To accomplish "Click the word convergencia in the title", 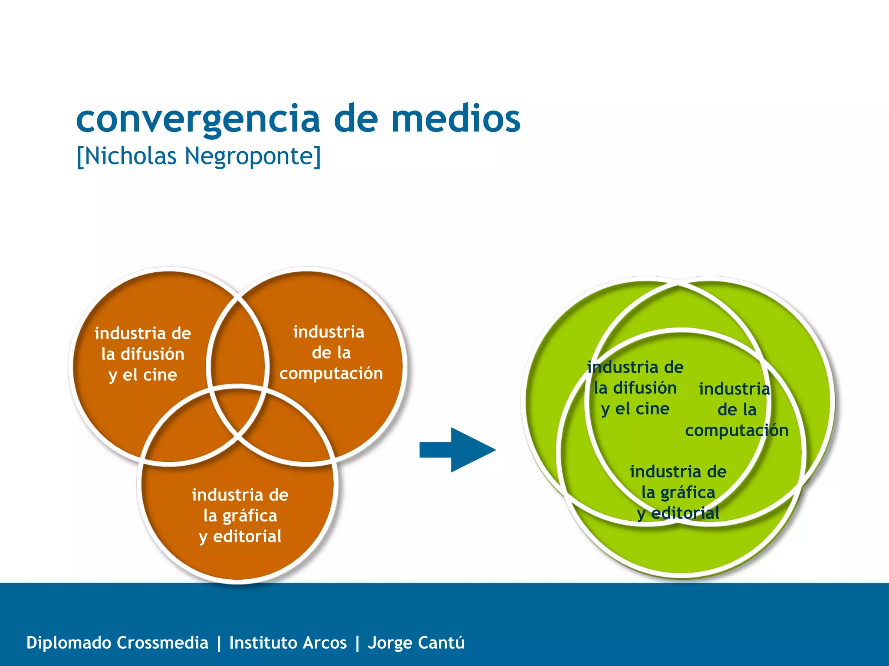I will [198, 119].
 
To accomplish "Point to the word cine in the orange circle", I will [160, 375].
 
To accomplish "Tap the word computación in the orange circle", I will [331, 373].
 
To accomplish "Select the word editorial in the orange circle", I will [247, 536].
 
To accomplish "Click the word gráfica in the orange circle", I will [250, 516].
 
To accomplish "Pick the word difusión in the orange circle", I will [152, 354].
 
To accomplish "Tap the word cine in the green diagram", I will [652, 408].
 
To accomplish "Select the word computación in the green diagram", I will [737, 430].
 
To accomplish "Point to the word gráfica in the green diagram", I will [688, 493].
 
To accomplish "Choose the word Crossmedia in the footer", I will [162, 643].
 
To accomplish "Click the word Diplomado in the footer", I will [69, 643].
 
